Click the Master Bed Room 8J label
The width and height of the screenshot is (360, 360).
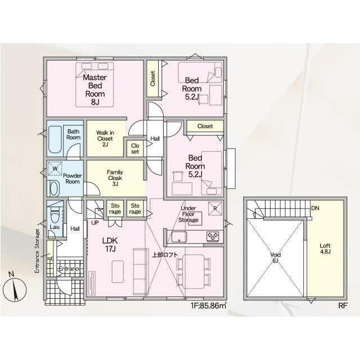coord(95,90)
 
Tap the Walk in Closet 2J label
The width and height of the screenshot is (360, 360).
coord(105,139)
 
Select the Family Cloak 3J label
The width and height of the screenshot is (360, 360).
coord(115,178)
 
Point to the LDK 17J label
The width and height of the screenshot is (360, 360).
coord(110,245)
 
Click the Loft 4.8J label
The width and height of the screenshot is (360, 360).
coord(325,249)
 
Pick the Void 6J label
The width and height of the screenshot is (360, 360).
coord(275,258)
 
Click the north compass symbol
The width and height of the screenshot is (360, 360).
coord(15,287)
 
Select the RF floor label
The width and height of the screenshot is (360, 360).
coord(343,305)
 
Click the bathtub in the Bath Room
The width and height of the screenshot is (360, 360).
coord(55,139)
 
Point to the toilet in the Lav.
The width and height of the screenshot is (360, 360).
coord(55,215)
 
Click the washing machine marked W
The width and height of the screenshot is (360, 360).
coord(55,169)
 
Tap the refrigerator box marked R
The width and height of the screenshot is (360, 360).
coord(215,209)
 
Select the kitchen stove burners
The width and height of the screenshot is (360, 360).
coord(213,236)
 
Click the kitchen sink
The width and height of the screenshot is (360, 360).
coord(179,236)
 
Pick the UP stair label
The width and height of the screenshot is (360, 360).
coord(95,223)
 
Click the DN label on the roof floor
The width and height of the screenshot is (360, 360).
coord(315,208)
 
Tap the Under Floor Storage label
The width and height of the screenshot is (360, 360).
coord(188,214)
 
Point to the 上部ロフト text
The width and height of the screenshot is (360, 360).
coord(165,255)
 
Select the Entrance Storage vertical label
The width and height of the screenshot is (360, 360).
coord(37,251)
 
